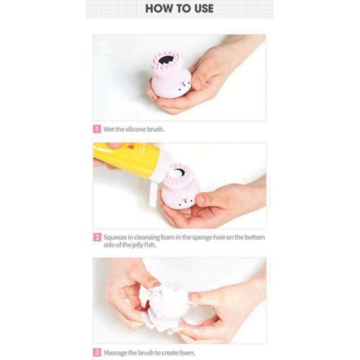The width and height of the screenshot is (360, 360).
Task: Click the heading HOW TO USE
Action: pyautogui.click(x=179, y=8)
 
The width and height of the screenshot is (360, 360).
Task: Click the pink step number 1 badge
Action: pyautogui.click(x=97, y=129)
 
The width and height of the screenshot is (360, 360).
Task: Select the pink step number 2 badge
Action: pyautogui.click(x=97, y=237)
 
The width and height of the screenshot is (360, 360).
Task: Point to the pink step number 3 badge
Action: pyautogui.click(x=97, y=353)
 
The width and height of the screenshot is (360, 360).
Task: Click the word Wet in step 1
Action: pyautogui.click(x=109, y=129)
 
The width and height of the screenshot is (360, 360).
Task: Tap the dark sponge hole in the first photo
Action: pyautogui.click(x=165, y=59)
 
